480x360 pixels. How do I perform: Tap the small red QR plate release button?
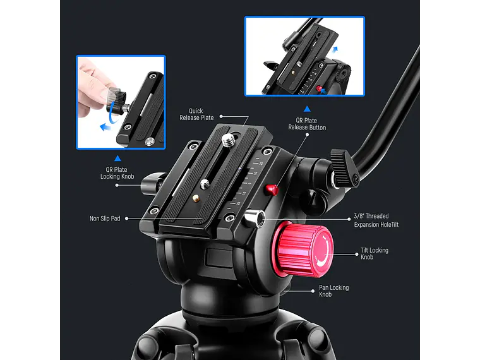272,188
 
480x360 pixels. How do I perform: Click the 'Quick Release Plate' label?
196,114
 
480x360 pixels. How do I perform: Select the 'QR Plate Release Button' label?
307,124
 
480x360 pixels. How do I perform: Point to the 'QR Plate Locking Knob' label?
117,172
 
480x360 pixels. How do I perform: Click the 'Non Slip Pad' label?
105,219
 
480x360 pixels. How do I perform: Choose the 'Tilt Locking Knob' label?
375,253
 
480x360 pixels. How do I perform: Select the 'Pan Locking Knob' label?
334,291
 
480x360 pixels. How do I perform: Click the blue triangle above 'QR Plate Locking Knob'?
117,159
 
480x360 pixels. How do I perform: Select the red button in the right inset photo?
319,88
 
